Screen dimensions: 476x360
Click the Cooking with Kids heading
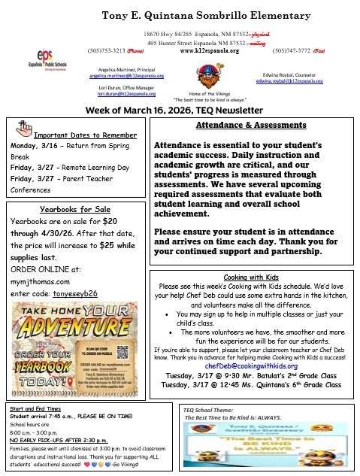[x=250, y=276]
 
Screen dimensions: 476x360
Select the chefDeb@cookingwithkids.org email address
[x=250, y=365]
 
